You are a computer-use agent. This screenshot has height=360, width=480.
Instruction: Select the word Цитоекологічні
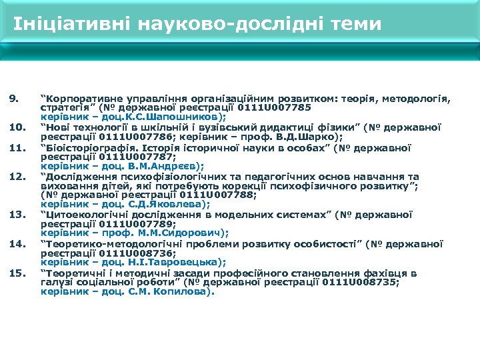pyautogui.click(x=87, y=215)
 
